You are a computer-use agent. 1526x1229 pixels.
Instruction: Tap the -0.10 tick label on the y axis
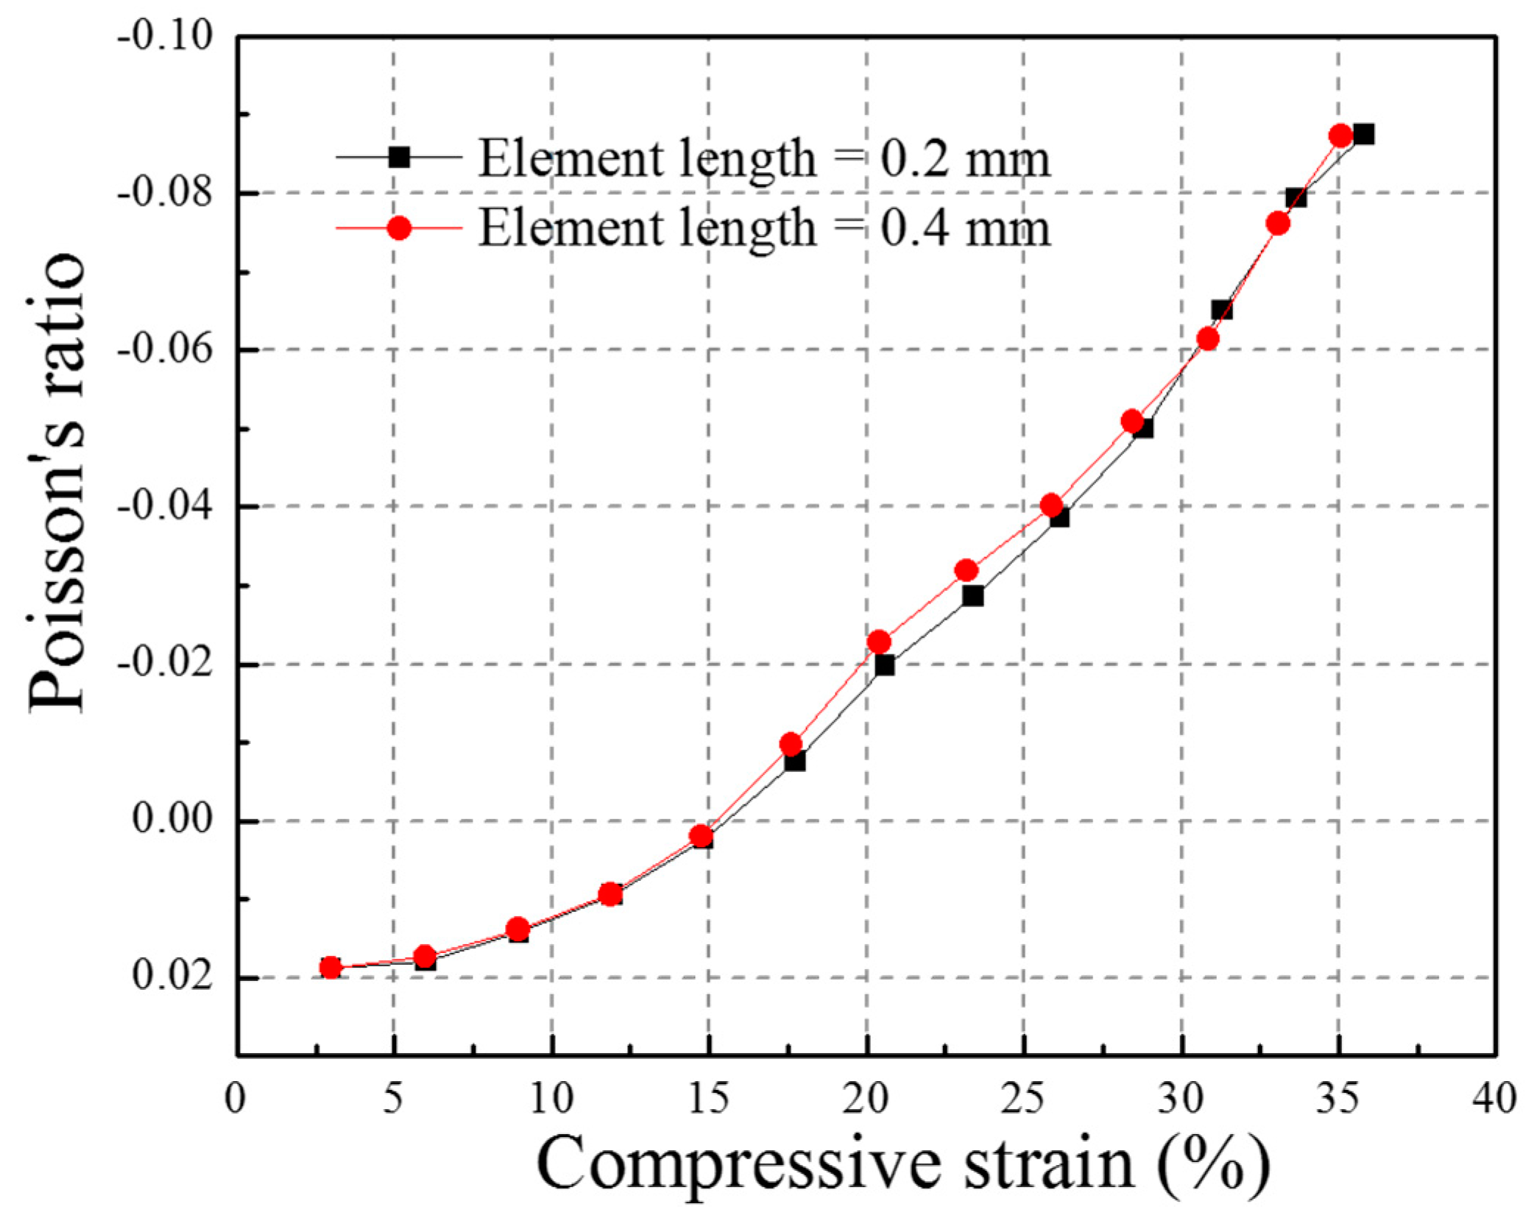click(163, 37)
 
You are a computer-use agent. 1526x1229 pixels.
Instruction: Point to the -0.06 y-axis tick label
click(163, 350)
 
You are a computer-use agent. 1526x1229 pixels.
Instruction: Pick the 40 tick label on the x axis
click(1494, 1098)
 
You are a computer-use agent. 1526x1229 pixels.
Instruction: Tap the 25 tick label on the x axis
click(1023, 1098)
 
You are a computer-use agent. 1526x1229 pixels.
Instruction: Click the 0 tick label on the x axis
click(236, 1098)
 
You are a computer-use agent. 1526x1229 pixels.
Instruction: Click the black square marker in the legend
click(399, 157)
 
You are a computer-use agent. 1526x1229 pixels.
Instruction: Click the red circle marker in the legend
click(399, 228)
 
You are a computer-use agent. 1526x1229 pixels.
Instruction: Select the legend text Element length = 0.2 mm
click(763, 158)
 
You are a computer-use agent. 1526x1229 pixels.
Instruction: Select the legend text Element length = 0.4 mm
click(763, 227)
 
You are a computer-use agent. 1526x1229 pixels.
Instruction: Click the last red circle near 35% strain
click(1340, 136)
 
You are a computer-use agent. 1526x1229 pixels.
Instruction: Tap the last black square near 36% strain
click(1363, 135)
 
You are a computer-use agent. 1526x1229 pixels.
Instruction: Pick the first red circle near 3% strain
click(331, 967)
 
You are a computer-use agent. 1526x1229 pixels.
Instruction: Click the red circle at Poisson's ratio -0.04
click(1051, 505)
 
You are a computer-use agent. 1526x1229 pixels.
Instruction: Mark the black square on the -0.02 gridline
click(884, 665)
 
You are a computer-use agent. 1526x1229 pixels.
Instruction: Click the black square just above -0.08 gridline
click(1296, 197)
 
